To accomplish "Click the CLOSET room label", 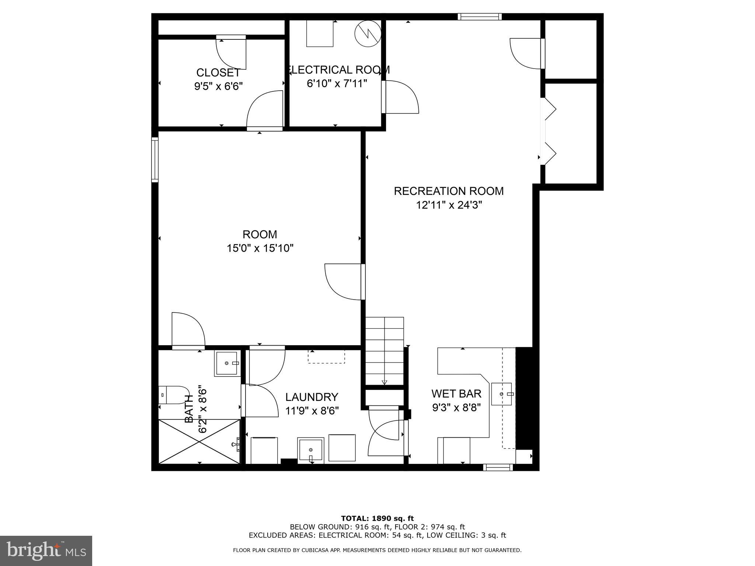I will click(x=218, y=73).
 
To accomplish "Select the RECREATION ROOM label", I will click(x=449, y=191).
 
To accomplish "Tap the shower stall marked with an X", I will click(x=199, y=441).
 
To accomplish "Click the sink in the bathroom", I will click(x=227, y=363).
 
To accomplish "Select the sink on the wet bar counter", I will click(x=502, y=394).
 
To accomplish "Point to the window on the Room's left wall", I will click(x=155, y=160).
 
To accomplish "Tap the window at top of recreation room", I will click(x=480, y=17).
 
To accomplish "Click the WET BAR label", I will click(x=456, y=394).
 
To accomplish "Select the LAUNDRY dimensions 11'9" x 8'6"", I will click(x=312, y=410).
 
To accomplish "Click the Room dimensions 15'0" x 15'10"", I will click(x=260, y=248).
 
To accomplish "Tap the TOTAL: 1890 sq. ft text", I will click(x=377, y=518).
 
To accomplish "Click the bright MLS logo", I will click(x=46, y=551).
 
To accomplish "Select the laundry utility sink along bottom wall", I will click(x=311, y=450).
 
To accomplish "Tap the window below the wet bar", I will click(x=498, y=468).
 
